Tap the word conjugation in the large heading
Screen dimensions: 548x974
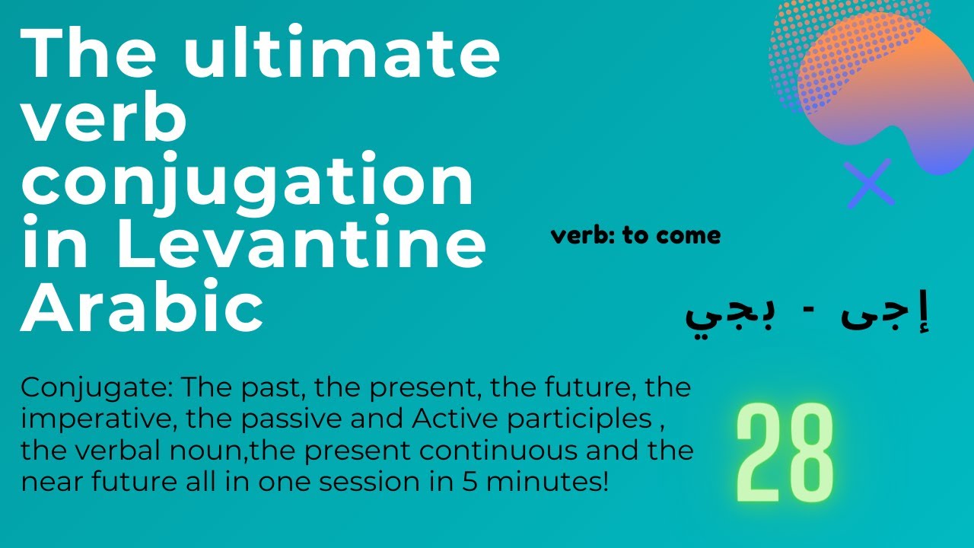248,182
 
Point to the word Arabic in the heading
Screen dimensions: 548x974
142,309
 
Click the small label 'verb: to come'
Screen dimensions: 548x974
635,236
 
